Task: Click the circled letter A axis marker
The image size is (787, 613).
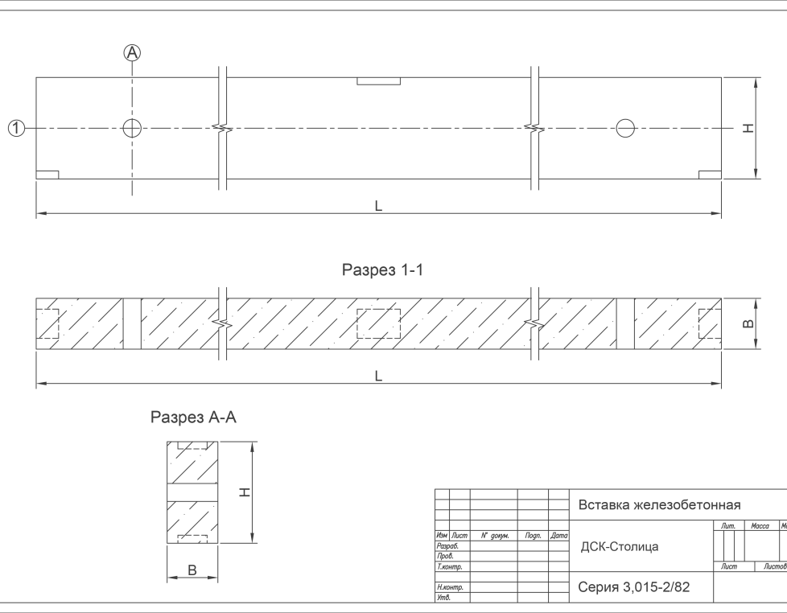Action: pos(132,52)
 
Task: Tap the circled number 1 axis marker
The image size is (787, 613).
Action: pos(16,128)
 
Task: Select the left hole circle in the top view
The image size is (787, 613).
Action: pos(132,128)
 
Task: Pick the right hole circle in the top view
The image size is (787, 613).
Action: pos(624,128)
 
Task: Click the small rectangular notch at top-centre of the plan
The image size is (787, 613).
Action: pos(379,81)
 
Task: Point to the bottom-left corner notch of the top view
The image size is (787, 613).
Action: pos(47,175)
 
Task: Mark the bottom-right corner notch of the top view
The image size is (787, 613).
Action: pos(710,175)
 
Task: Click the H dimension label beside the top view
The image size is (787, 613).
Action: pos(749,129)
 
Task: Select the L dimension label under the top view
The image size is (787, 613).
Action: pos(378,206)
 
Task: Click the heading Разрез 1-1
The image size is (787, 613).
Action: pos(383,270)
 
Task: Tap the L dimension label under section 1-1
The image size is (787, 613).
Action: pos(378,376)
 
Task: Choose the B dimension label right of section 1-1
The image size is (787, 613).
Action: pos(748,323)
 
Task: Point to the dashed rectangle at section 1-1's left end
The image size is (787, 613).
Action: pos(48,323)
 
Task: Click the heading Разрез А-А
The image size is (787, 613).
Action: pos(194,418)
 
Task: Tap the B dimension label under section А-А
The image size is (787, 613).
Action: pos(192,570)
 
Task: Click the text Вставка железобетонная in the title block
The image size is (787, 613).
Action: pos(659,505)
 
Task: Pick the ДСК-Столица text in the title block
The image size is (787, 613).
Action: pos(620,547)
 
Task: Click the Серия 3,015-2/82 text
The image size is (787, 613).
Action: pos(634,587)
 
